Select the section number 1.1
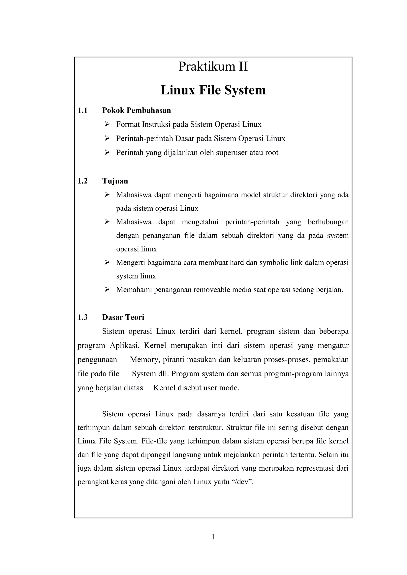[82, 110]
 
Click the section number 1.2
[82, 181]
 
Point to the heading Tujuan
[115, 181]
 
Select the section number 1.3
[82, 317]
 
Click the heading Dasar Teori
[123, 317]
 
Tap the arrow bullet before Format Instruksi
[107, 124]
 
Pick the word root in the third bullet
[272, 152]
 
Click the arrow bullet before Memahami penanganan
[107, 290]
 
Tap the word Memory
[145, 360]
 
